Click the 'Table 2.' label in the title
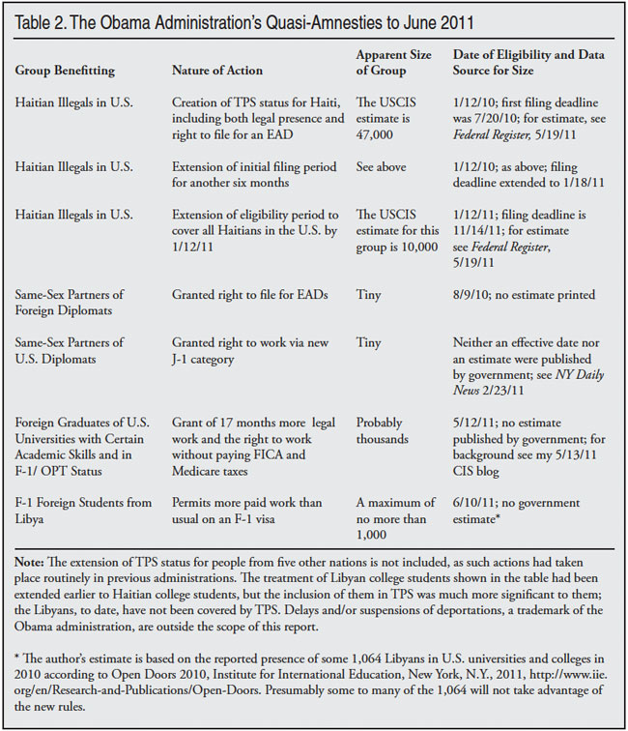44,22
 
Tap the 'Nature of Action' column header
216,71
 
